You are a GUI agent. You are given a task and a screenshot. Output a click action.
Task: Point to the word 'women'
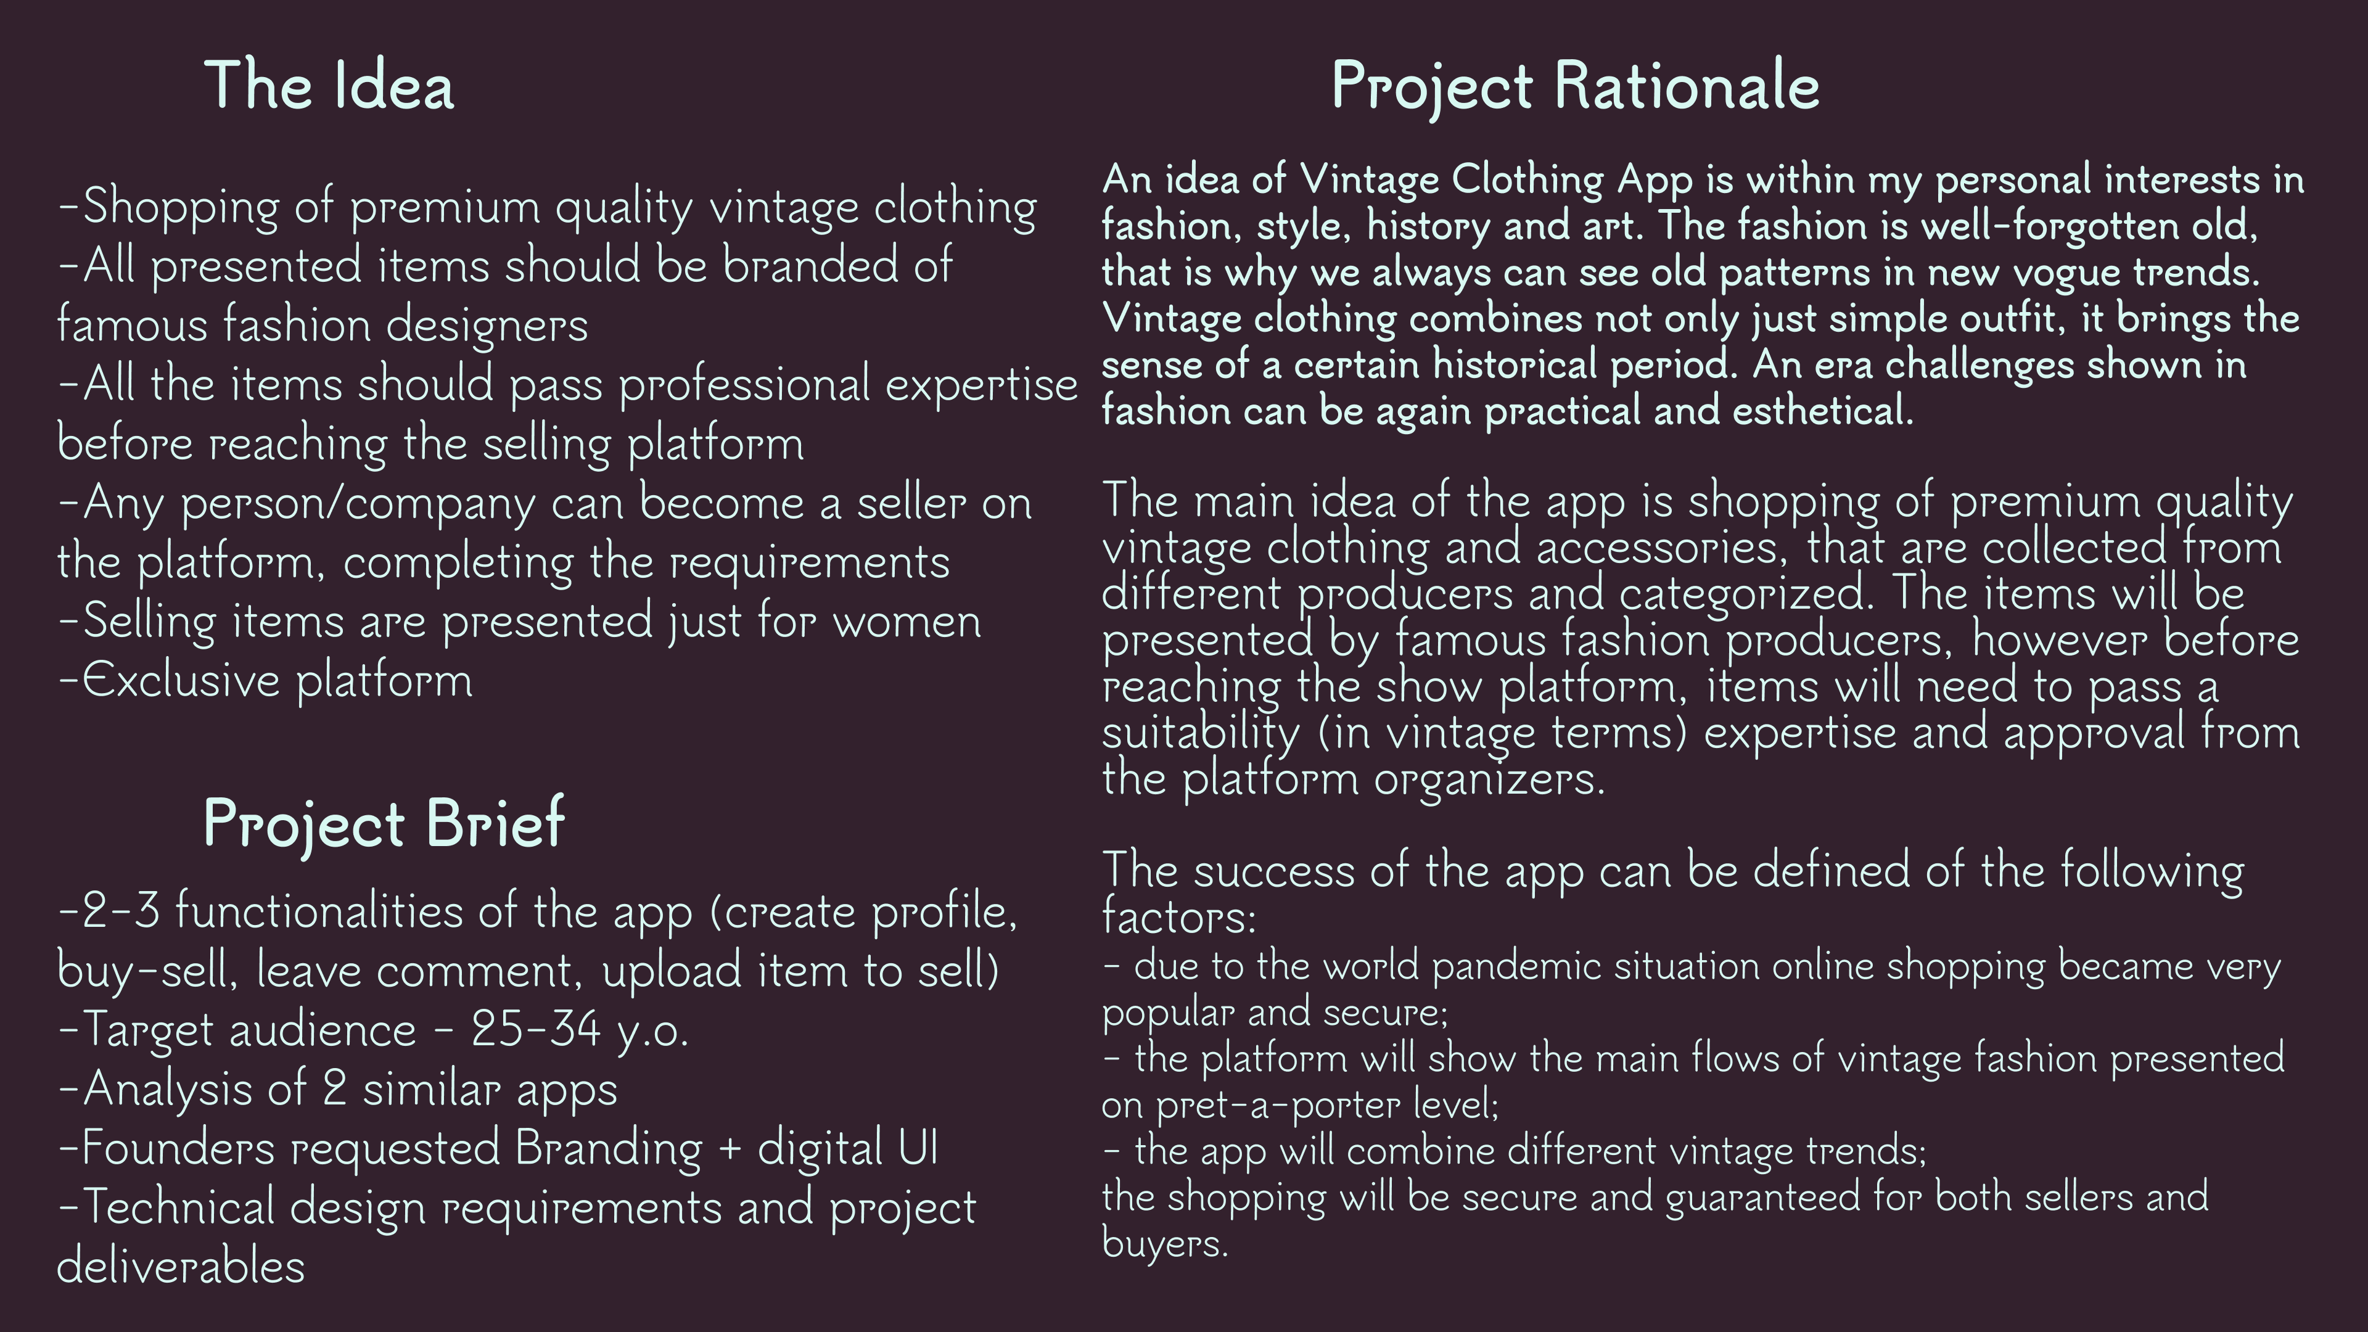[906, 622]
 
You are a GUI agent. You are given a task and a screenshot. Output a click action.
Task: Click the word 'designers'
[487, 326]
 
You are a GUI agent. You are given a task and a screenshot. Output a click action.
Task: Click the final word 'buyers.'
[1165, 1244]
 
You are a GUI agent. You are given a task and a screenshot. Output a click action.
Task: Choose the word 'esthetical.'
[1823, 410]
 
